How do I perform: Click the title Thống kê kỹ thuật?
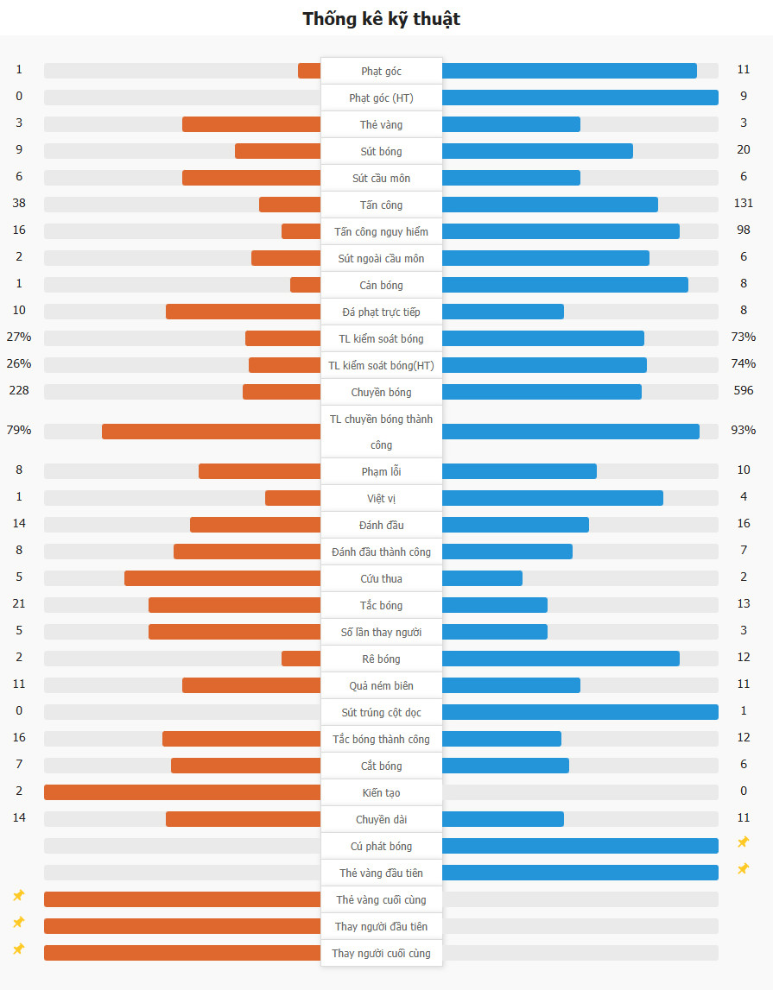click(x=381, y=19)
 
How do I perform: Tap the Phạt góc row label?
click(x=381, y=71)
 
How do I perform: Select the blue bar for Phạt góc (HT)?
click(x=580, y=98)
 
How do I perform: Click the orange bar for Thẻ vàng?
click(x=251, y=124)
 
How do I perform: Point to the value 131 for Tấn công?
click(x=743, y=204)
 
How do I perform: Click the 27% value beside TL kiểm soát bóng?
click(x=19, y=337)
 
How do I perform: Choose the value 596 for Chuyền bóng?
click(x=743, y=391)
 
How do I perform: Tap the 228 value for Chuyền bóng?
click(x=19, y=391)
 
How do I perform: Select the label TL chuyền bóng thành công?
click(x=381, y=432)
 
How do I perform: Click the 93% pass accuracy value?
click(x=743, y=431)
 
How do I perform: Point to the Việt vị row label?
click(x=381, y=498)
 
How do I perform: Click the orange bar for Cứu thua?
click(x=222, y=578)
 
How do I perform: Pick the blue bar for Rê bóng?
click(x=561, y=659)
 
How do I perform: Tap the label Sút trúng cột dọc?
click(x=381, y=712)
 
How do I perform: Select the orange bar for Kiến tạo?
click(x=182, y=792)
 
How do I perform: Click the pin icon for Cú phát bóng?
click(x=743, y=842)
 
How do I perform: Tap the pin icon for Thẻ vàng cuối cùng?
click(x=19, y=896)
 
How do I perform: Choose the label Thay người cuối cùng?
click(x=381, y=953)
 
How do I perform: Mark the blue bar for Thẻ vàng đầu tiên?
click(x=580, y=873)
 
